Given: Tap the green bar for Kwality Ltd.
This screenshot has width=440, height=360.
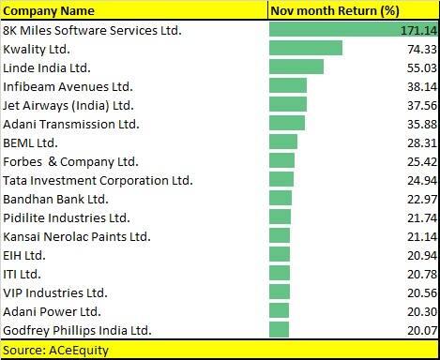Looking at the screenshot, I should pyautogui.click(x=305, y=49).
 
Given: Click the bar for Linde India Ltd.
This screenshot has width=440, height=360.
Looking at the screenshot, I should pyautogui.click(x=296, y=67).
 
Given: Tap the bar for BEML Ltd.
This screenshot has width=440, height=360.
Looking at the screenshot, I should pyautogui.click(x=282, y=142).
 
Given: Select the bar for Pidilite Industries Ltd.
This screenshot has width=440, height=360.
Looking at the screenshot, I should pyautogui.click(x=280, y=217).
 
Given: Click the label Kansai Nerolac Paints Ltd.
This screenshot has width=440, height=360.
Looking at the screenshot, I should pyautogui.click(x=77, y=235).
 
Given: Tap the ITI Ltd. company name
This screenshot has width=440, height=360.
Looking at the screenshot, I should pyautogui.click(x=23, y=273).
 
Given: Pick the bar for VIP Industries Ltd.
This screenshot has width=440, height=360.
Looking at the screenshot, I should pyautogui.click(x=279, y=292).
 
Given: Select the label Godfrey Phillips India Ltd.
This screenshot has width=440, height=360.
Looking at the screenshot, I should pyautogui.click(x=77, y=329).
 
